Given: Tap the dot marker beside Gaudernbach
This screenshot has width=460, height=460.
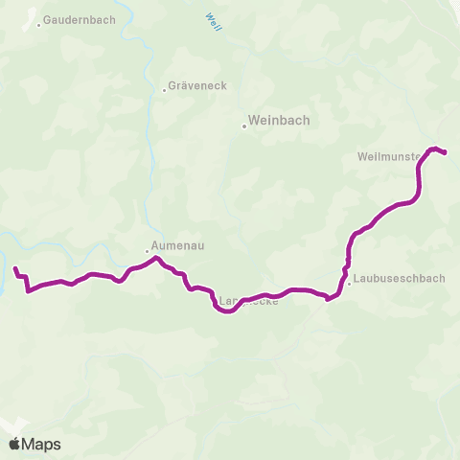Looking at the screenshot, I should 39,25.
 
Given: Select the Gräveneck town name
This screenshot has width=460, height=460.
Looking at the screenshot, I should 198,85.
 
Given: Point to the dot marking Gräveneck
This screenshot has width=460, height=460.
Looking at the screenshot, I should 165,91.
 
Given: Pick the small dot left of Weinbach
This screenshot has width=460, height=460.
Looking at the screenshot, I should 243,123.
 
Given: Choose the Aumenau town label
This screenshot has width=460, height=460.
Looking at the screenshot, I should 176,245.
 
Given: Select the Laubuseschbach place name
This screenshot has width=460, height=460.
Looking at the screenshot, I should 399,280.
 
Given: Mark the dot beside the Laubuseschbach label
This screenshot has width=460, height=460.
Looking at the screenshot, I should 349,283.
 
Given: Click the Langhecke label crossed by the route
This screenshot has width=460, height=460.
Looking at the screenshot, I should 247,303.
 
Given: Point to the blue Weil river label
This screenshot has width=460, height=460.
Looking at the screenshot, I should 213,21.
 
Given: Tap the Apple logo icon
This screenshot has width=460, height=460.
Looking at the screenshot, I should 14,444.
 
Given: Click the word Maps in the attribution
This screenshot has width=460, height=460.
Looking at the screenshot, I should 41,444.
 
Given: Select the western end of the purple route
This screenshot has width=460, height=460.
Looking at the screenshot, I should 15,268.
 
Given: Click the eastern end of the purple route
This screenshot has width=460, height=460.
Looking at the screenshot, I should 446,152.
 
